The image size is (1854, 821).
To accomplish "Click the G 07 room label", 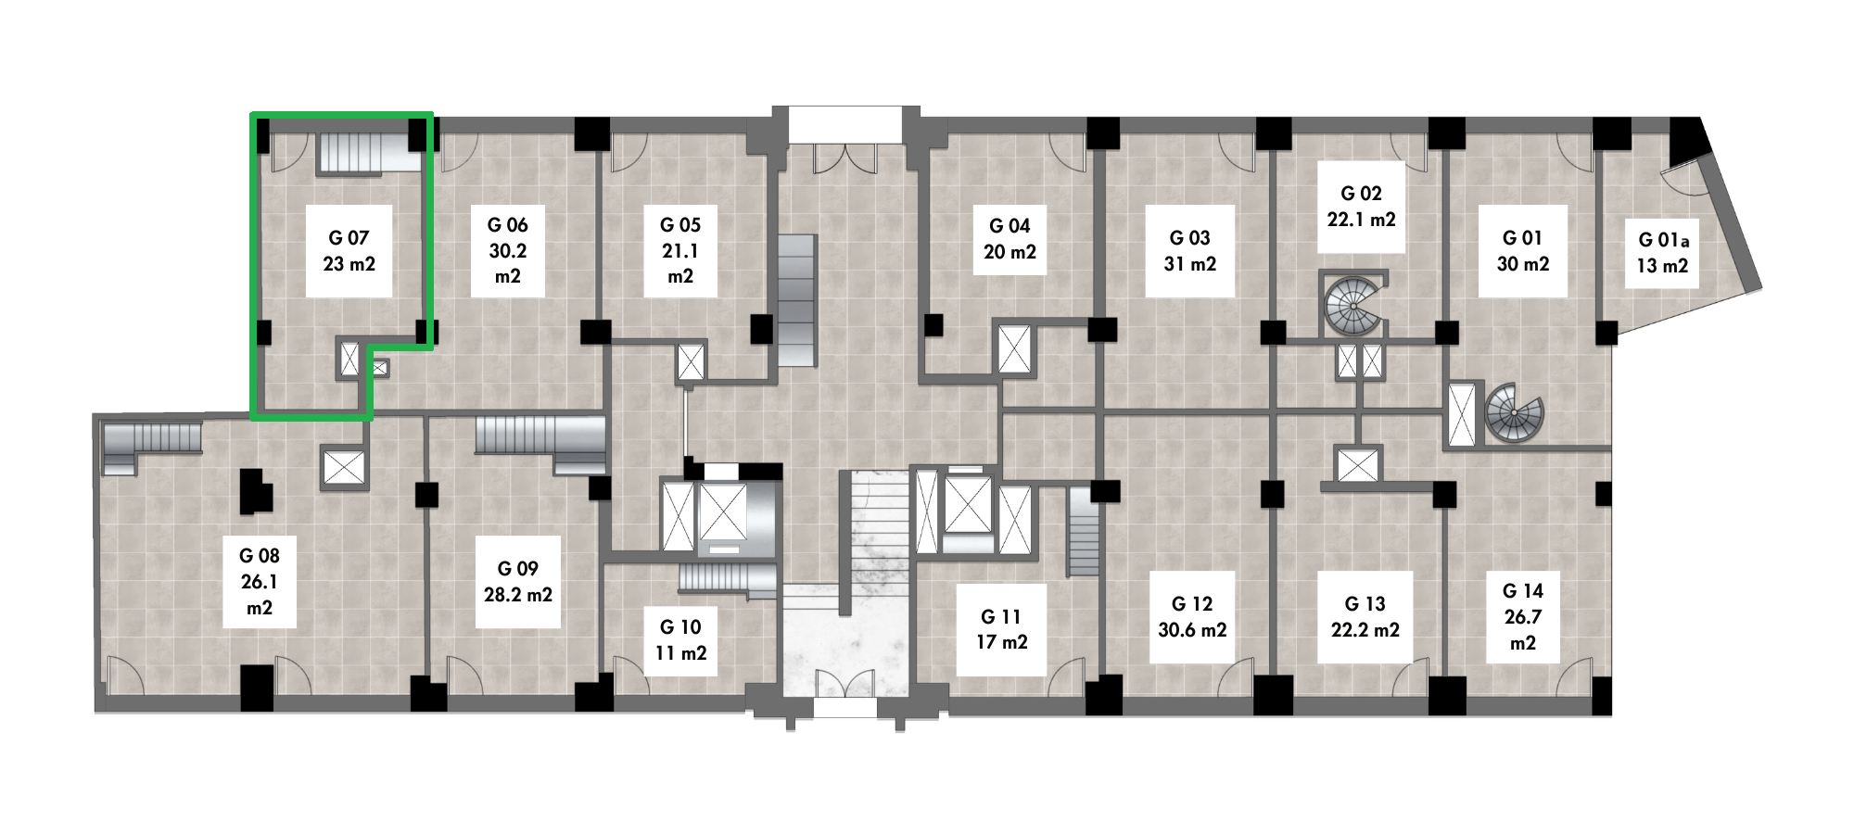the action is tap(349, 251).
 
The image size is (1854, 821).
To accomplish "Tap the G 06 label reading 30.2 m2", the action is tap(508, 250).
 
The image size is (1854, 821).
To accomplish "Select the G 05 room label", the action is tap(680, 250).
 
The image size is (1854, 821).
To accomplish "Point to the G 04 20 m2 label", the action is tap(1010, 239).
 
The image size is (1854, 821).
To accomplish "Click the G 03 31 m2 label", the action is tap(1189, 251).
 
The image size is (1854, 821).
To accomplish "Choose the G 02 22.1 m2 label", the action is tap(1361, 207).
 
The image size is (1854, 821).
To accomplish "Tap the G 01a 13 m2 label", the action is tap(1663, 253).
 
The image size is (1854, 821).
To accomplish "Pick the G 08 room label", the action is tap(260, 582).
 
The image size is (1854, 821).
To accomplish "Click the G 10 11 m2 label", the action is tap(680, 640).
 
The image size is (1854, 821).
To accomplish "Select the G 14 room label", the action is tap(1523, 617).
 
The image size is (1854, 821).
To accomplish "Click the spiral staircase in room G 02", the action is tap(1353, 303).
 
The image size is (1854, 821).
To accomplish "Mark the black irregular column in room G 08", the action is tap(256, 491).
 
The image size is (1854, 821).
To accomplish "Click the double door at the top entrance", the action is tap(844, 158).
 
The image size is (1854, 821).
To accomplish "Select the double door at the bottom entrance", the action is tap(844, 683).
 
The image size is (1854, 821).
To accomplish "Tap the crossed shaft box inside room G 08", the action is tap(344, 468).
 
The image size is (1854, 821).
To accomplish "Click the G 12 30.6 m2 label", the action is tap(1192, 617).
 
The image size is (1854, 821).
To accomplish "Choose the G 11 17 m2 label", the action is tap(1002, 629).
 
